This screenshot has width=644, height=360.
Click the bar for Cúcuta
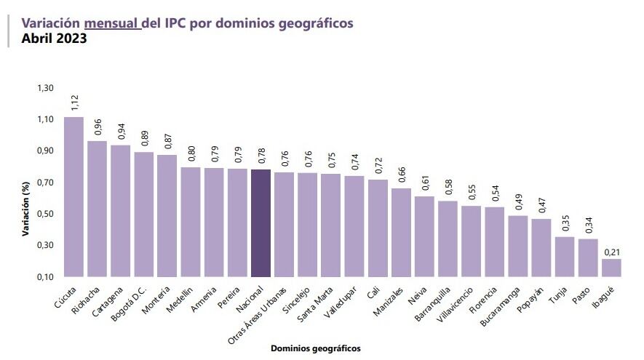tap(73, 196)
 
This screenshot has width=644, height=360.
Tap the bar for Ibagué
tap(611, 268)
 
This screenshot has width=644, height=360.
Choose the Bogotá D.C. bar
tap(144, 214)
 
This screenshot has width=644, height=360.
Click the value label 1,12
tap(74, 101)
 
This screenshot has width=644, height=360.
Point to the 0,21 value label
tap(611, 252)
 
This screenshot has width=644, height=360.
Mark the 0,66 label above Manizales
tap(401, 174)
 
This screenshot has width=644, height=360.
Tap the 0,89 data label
tap(144, 138)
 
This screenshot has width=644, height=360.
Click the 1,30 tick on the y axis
tap(45, 88)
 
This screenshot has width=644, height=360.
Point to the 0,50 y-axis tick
tap(45, 214)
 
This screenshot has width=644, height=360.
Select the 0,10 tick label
tap(45, 277)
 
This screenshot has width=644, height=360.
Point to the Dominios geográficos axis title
tap(315, 348)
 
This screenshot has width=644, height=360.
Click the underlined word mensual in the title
tap(112, 23)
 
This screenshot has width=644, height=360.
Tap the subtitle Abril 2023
tap(54, 39)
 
